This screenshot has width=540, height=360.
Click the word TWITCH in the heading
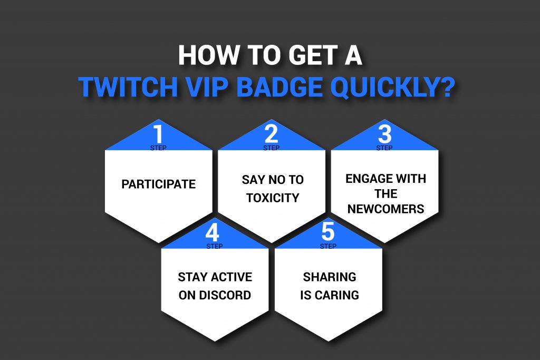128,87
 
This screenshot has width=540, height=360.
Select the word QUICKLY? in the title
392,88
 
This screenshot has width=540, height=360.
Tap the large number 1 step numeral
158,134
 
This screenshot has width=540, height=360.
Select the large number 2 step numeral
272,134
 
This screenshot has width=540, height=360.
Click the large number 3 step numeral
384,134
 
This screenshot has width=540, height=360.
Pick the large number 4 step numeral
212,232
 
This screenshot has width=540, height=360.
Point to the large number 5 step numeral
328,232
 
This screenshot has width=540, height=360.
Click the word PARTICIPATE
158,184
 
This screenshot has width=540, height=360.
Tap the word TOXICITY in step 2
273,198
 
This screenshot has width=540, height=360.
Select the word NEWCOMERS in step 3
385,209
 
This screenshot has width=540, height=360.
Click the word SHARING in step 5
330,277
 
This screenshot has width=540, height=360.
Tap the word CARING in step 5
337,295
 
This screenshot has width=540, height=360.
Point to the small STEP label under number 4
214,246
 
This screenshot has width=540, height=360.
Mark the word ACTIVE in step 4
232,277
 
